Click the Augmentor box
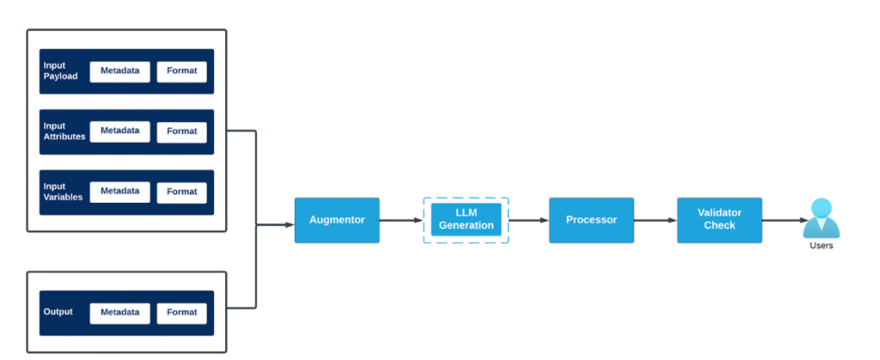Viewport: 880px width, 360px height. [337, 220]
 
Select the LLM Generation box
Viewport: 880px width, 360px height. [466, 220]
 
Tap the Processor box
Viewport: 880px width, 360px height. [591, 220]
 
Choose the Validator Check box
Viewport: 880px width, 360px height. [718, 220]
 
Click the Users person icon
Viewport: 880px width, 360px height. [821, 218]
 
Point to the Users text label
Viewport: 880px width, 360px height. [821, 246]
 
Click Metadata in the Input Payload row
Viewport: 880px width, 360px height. [120, 71]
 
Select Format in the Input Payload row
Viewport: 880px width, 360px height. [182, 71]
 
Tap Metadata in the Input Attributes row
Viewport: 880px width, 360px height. [120, 131]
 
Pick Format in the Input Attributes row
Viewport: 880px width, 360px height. [182, 131]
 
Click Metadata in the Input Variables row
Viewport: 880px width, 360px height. [120, 192]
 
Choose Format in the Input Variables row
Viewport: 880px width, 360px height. [182, 192]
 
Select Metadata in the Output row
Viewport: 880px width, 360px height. [120, 313]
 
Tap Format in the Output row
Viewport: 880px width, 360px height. [182, 313]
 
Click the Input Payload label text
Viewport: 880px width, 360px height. [60, 70]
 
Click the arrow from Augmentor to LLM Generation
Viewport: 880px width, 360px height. [400, 221]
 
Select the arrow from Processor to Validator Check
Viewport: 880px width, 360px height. [655, 221]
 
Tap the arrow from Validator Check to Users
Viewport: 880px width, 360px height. [781, 221]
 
